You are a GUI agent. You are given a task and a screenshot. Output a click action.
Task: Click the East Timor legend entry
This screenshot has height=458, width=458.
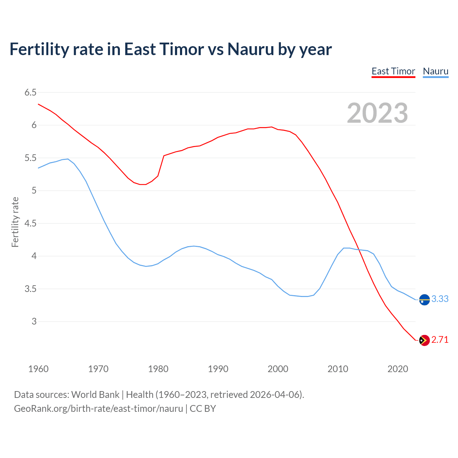tap(393, 71)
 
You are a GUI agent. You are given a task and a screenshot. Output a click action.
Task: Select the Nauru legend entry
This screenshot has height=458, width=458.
tap(435, 71)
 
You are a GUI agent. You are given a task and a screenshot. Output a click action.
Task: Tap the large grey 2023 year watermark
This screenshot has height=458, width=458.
tap(377, 113)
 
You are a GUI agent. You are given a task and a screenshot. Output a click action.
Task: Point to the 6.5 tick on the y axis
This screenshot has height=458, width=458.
tap(30, 92)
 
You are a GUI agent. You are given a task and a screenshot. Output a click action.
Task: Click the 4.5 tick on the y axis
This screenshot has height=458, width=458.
tap(30, 223)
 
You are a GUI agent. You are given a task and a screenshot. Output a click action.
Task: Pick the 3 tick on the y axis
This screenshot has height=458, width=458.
tap(34, 321)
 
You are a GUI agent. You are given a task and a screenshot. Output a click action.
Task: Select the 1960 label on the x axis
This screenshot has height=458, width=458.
tap(38, 369)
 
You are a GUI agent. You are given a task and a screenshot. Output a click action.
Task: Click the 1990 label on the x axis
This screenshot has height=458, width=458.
tap(218, 369)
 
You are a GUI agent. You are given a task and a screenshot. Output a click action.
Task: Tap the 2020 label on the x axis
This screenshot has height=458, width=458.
tap(398, 369)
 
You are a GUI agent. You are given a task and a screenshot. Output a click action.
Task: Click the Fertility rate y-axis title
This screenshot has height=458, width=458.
tap(15, 222)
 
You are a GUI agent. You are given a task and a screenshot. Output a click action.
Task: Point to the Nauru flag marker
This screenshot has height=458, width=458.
tap(424, 299)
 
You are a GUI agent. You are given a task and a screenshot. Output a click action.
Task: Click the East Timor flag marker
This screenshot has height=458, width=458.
tap(424, 340)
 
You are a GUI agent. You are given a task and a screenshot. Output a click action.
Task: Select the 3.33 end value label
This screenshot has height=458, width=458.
tap(440, 299)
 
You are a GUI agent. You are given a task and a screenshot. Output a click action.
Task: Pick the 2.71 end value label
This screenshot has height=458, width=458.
tap(440, 340)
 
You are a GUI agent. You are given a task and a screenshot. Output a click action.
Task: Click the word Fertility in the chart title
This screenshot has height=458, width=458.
tap(38, 49)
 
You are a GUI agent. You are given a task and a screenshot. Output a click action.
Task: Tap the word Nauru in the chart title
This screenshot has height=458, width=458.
tap(250, 49)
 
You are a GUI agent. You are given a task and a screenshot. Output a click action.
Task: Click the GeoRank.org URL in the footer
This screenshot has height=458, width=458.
tap(98, 408)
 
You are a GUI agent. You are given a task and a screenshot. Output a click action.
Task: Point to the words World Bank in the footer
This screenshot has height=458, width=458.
tap(95, 394)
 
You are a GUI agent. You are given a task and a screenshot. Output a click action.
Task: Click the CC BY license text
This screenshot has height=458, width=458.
tap(203, 408)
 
